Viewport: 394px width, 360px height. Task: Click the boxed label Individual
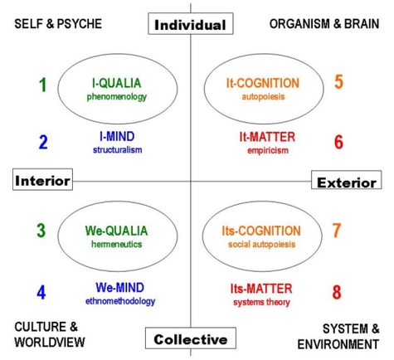[x=191, y=24]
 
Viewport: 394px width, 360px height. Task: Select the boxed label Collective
[x=191, y=338]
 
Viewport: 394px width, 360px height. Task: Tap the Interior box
[x=42, y=179]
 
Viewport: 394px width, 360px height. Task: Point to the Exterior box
[x=347, y=180]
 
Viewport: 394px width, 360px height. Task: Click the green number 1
[x=42, y=85]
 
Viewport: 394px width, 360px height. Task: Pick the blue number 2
[x=43, y=142]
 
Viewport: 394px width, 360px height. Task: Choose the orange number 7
[x=337, y=230]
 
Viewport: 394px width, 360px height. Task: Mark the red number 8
[x=337, y=292]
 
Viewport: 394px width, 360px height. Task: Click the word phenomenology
[x=117, y=97]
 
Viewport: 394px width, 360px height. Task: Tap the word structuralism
[x=118, y=150]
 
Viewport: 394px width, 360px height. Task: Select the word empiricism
[x=268, y=150]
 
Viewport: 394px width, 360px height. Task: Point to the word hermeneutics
[x=117, y=244]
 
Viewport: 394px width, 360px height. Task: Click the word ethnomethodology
[x=120, y=301]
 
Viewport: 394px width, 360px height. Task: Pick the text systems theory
[x=261, y=302]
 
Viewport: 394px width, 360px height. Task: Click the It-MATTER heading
[x=267, y=137]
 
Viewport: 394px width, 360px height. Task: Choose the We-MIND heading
[x=119, y=288]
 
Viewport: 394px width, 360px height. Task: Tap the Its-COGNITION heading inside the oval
[x=261, y=231]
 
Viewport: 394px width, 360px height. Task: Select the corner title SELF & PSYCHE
[x=58, y=24]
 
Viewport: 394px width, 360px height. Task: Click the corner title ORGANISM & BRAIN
[x=324, y=24]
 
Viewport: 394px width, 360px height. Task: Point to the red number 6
[x=338, y=142]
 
